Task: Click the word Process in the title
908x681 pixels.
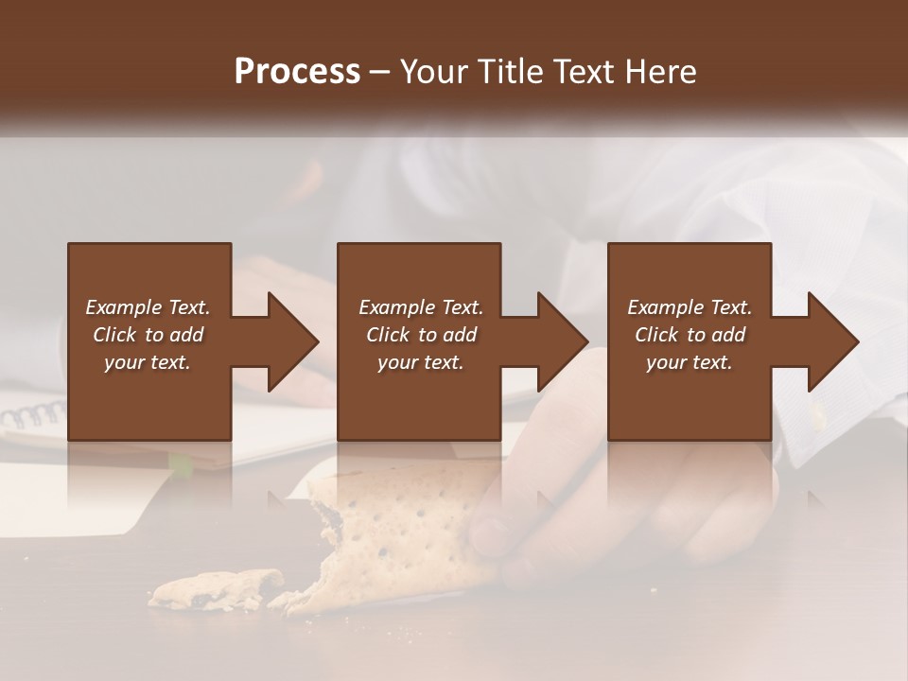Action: [x=297, y=71]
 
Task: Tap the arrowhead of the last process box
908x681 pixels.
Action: [x=830, y=341]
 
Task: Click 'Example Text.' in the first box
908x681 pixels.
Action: [x=148, y=307]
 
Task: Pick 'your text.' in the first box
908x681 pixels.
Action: [x=148, y=362]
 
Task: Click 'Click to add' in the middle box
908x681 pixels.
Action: [x=421, y=335]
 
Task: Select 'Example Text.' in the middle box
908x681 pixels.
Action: [x=421, y=307]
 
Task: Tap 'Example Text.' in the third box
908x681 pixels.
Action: [x=690, y=307]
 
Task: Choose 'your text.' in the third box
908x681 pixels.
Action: [x=690, y=362]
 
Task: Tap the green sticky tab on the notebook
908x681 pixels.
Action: [x=180, y=463]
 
